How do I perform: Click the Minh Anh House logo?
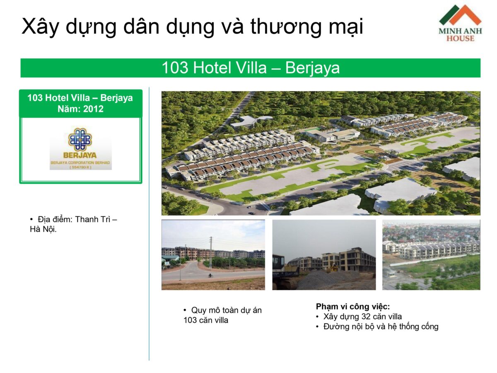pos(460,23)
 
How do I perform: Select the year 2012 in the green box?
pos(94,109)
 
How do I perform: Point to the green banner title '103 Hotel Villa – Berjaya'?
pos(250,68)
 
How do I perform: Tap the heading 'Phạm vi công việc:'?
pos(352,307)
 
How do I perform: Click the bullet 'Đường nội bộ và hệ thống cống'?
pos(381,327)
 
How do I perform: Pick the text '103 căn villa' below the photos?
pos(206,320)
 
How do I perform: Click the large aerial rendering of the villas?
pos(321,153)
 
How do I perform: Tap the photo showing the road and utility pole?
pos(213,254)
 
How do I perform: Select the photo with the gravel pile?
pos(324,254)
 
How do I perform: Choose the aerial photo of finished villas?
pos(431,254)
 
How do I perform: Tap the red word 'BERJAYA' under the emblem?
pos(80,155)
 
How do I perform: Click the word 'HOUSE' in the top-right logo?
pos(460,38)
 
